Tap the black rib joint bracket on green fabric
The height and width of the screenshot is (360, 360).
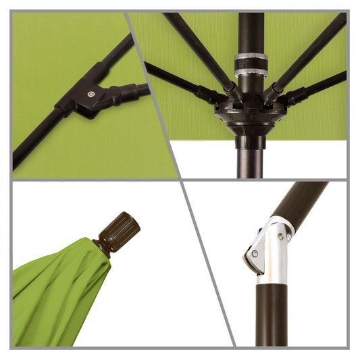click(81, 98)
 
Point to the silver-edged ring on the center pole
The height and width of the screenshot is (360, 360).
click(251, 66)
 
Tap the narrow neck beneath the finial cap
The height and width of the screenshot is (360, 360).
click(103, 247)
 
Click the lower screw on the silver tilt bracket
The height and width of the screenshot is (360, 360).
click(255, 255)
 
